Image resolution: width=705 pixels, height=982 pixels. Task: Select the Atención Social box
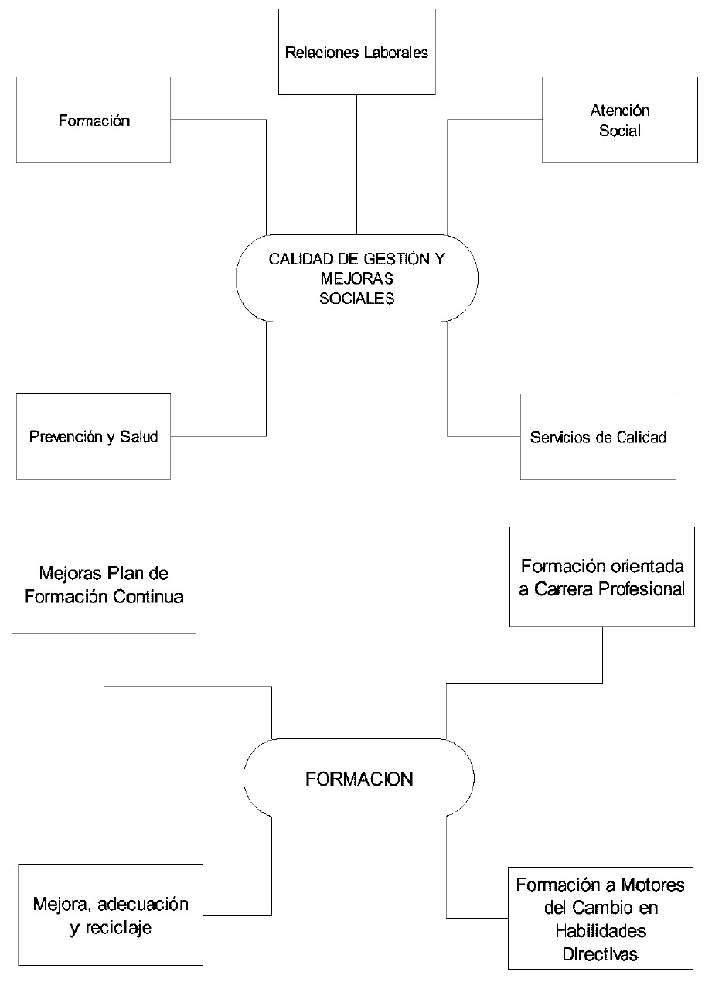[x=619, y=120]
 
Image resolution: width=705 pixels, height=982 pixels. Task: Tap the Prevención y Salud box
[x=94, y=437]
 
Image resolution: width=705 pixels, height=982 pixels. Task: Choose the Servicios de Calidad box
[x=598, y=437]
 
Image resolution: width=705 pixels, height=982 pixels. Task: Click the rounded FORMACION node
[x=359, y=779]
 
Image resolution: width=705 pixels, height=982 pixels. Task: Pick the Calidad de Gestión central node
[x=356, y=278]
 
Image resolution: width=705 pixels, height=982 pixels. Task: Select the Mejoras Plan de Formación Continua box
[x=104, y=585]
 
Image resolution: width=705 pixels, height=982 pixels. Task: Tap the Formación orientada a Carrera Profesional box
[x=602, y=576]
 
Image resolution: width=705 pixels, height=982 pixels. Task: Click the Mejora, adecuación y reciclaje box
[x=111, y=916]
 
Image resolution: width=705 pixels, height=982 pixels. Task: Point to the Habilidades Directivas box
[x=600, y=919]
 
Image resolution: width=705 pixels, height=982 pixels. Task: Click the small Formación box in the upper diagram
[x=94, y=120]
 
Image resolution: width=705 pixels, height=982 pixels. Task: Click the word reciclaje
[x=111, y=928]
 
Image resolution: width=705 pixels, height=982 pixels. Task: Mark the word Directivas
[x=600, y=954]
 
